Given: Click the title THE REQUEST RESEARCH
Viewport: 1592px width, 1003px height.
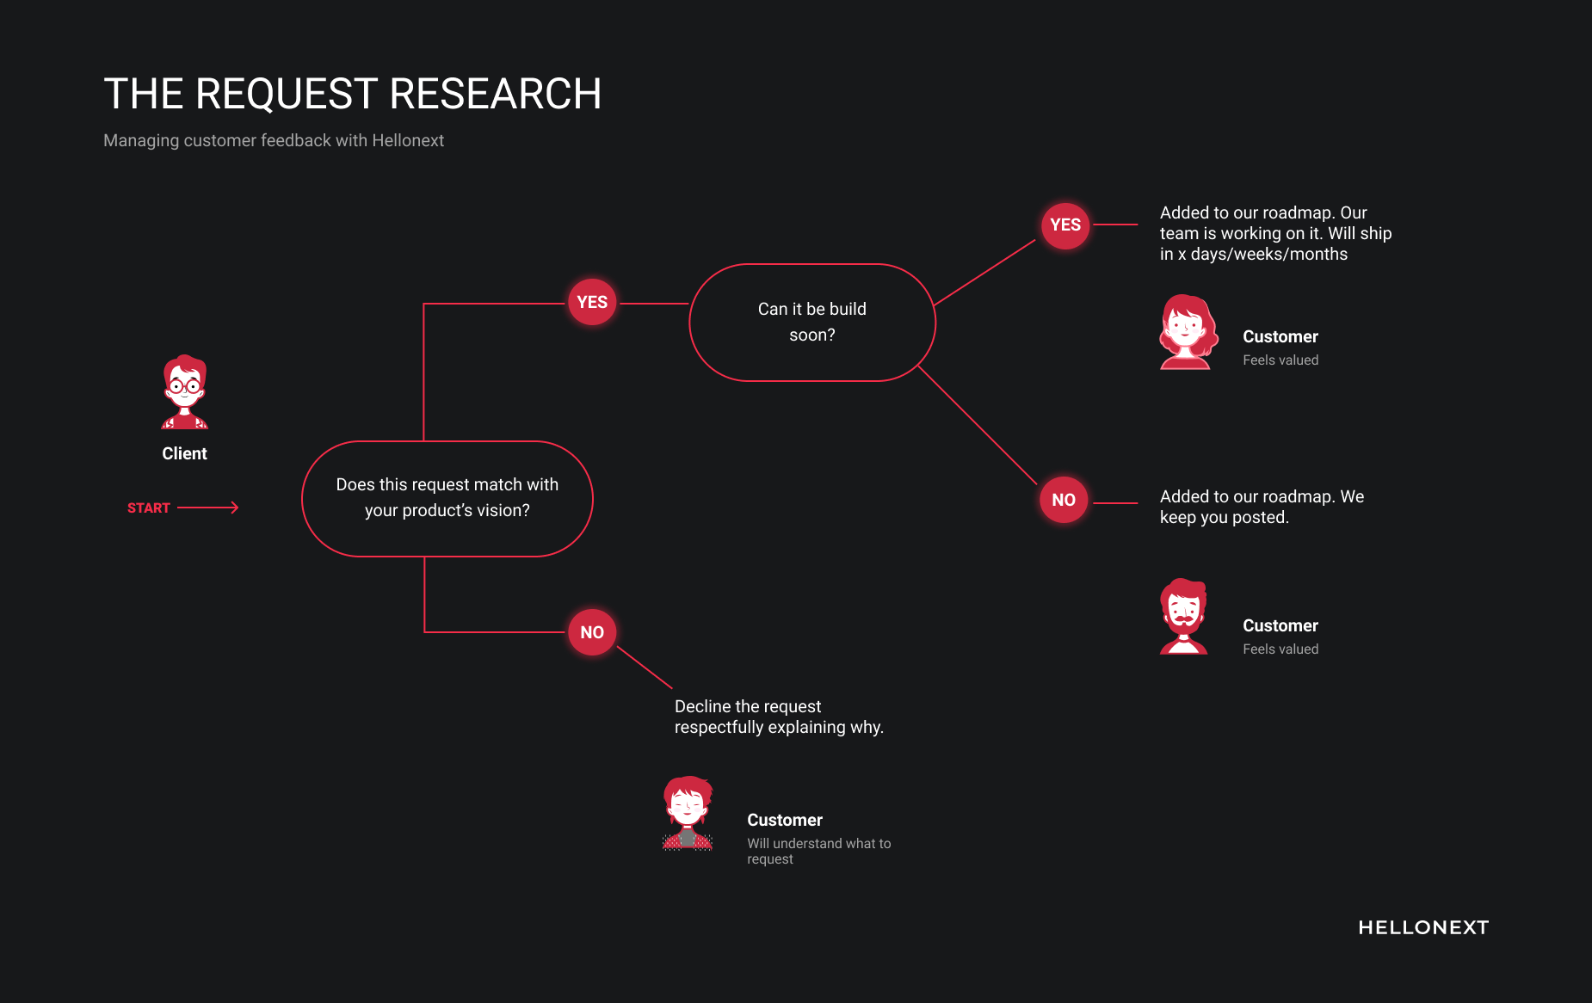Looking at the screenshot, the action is point(352,94).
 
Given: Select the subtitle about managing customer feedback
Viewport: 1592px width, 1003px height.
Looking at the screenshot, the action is point(274,140).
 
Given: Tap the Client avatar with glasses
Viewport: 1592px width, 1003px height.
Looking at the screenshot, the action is point(185,392).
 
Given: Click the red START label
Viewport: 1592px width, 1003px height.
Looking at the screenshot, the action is point(149,508).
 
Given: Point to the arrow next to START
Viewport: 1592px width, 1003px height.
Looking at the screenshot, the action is point(207,508).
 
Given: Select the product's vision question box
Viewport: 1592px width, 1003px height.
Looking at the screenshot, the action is point(447,499).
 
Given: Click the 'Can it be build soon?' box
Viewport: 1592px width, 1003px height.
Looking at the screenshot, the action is point(812,323).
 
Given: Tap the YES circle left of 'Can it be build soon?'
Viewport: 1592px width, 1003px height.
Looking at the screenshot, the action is point(592,302).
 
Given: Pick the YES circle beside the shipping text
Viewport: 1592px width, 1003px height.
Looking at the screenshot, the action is point(1065,225).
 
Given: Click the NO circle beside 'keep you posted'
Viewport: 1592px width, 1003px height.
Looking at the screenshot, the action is point(1064,500).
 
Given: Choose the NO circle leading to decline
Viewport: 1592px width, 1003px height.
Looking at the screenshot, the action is point(592,632).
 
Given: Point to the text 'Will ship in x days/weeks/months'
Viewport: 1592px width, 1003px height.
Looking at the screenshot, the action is point(1276,243).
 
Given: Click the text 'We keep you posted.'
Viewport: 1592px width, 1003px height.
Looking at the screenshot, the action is point(1262,507).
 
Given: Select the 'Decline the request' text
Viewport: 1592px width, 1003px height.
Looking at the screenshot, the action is point(748,706).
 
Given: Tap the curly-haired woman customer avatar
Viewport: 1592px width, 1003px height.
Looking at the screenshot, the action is point(1188,332).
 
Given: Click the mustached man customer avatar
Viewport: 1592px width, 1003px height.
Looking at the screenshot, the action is point(1184,616).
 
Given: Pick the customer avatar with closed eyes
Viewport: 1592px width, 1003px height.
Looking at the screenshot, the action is point(688,814).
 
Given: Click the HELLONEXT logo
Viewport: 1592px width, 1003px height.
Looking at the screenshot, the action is point(1423,927).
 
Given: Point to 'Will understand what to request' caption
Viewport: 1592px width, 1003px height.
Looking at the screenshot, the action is point(819,851).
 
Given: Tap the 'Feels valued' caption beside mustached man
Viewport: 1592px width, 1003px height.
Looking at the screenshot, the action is point(1280,649).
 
